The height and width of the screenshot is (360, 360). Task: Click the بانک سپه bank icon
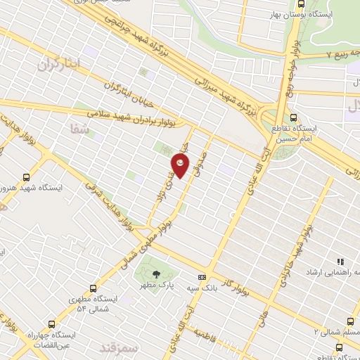[202, 278]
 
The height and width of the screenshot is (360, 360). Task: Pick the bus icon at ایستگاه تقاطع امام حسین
[294, 117]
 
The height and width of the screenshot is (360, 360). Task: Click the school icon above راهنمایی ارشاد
[341, 261]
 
